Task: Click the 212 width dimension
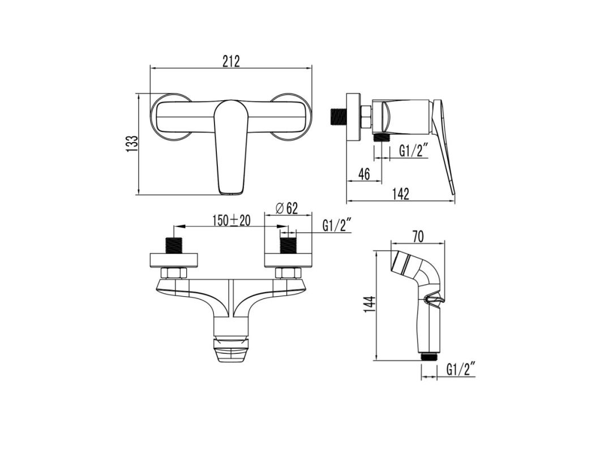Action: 230,61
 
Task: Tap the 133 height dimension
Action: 131,144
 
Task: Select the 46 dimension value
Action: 364,174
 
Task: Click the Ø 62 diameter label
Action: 286,208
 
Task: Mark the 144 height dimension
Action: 369,306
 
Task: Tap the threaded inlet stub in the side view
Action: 338,116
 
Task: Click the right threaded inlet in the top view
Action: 288,246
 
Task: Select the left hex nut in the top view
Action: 174,273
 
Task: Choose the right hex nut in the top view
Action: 288,273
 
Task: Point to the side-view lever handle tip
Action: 452,190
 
